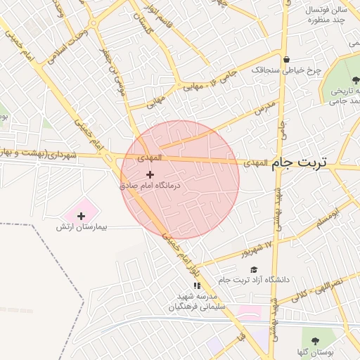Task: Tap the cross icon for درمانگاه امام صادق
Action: pyautogui.click(x=150, y=174)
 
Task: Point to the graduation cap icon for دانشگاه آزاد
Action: pyautogui.click(x=254, y=269)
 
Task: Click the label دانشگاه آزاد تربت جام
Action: pyautogui.click(x=254, y=280)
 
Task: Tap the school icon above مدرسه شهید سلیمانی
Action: pyautogui.click(x=197, y=285)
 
